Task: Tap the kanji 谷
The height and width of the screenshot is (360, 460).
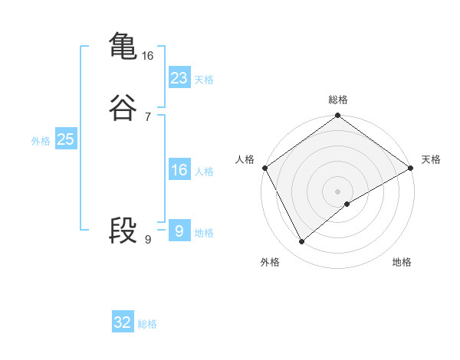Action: pyautogui.click(x=123, y=108)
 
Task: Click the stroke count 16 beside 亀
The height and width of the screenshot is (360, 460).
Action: pyautogui.click(x=148, y=56)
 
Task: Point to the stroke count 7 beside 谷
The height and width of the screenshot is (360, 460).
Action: pyautogui.click(x=148, y=117)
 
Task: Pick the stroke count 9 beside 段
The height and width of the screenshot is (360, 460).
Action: pyautogui.click(x=148, y=240)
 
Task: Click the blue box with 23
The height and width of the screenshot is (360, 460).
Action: pyautogui.click(x=179, y=78)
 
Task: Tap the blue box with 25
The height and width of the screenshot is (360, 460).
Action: pyautogui.click(x=65, y=139)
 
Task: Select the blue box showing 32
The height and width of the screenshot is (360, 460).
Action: pyautogui.click(x=123, y=322)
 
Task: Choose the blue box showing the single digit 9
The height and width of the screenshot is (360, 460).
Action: pyautogui.click(x=179, y=231)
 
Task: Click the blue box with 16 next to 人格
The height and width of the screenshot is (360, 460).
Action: pyautogui.click(x=179, y=170)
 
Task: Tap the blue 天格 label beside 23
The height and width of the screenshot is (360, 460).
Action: pyautogui.click(x=204, y=80)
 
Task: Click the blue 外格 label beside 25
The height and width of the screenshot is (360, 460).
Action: pyautogui.click(x=41, y=141)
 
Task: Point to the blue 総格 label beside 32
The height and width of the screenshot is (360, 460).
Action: pyautogui.click(x=147, y=324)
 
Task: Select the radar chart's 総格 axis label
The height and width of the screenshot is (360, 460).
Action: pyautogui.click(x=338, y=100)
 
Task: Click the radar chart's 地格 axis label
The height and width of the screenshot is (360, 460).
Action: pyautogui.click(x=402, y=262)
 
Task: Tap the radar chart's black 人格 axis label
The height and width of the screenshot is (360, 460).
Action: pyautogui.click(x=245, y=159)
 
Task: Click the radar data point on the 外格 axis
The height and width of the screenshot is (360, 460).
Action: pyautogui.click(x=301, y=242)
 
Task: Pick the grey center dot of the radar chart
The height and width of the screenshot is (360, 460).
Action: pyautogui.click(x=338, y=191)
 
